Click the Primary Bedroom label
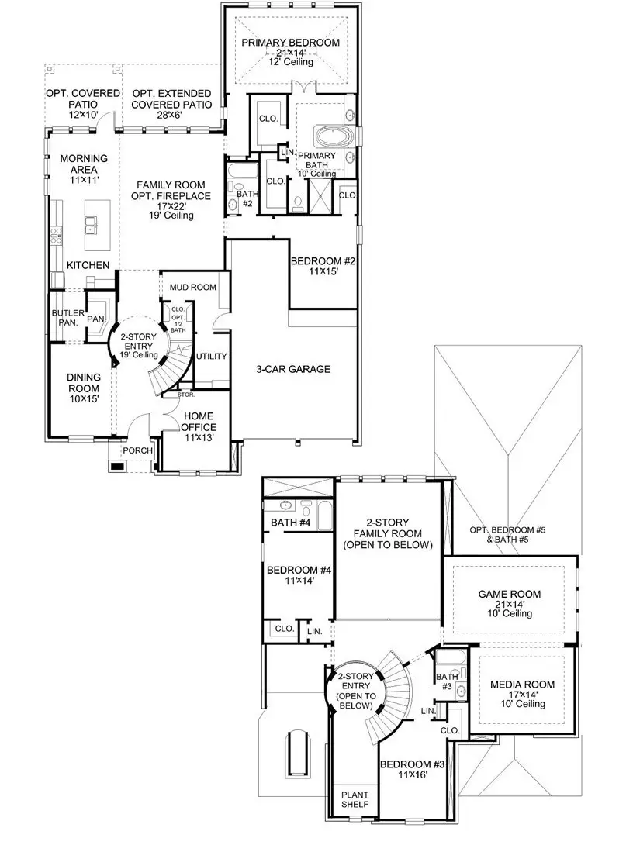tap(289, 43)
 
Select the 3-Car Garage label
tap(292, 369)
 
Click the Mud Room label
tap(193, 287)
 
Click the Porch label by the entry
tap(137, 451)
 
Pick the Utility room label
tap(211, 357)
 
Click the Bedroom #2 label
tap(320, 261)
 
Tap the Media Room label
tap(521, 685)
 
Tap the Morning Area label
tap(83, 164)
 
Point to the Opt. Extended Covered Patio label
tap(171, 98)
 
